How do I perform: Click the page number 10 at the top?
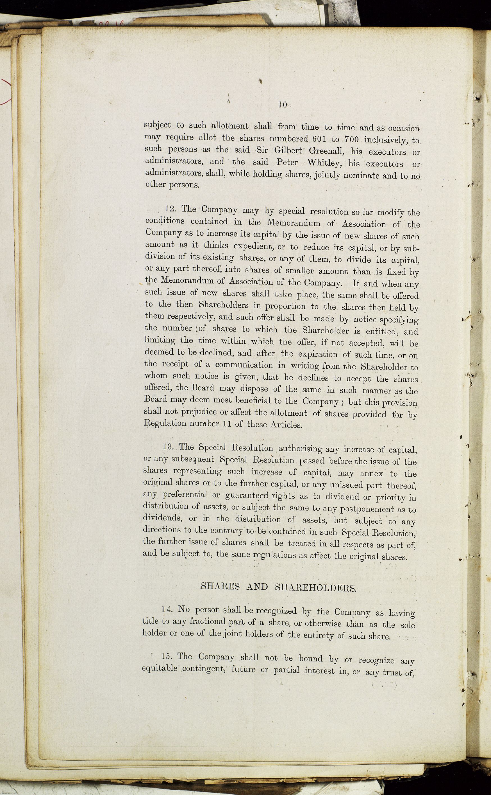[282, 105]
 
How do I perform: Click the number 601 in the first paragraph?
[319, 139]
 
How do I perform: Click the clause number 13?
[169, 447]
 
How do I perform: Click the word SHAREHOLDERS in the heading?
[315, 587]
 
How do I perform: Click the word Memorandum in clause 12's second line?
[294, 223]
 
